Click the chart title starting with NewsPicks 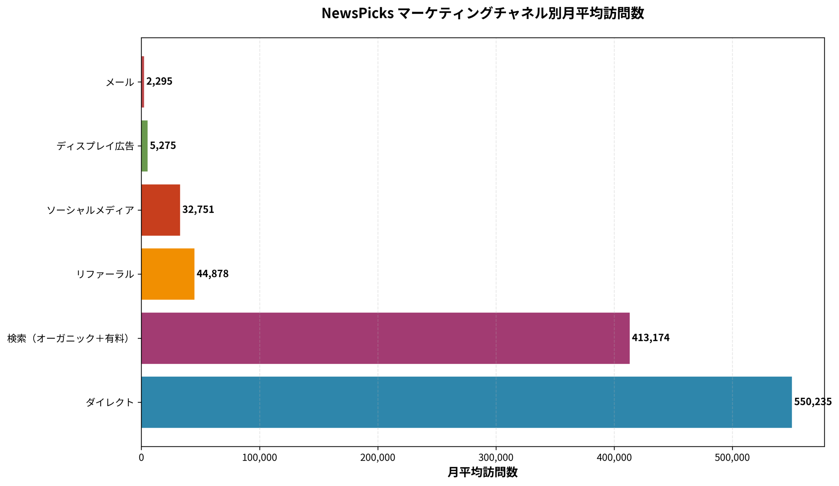coord(482,13)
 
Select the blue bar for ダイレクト coord(466,402)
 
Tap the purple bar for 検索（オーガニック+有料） coord(385,338)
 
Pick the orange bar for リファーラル coord(168,274)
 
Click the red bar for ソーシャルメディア coord(161,210)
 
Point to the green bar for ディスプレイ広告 coord(145,146)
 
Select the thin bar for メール coord(143,82)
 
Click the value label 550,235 coord(812,402)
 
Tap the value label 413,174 coord(650,338)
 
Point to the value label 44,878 coord(212,274)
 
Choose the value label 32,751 coord(198,210)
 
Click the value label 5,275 coord(163,145)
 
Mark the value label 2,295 coord(159,82)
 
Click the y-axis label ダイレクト coord(110,402)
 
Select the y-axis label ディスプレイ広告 coord(95,146)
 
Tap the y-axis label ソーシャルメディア coord(90,210)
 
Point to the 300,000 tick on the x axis coord(496,458)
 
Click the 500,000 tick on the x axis coord(732,458)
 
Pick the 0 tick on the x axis coord(141,458)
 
